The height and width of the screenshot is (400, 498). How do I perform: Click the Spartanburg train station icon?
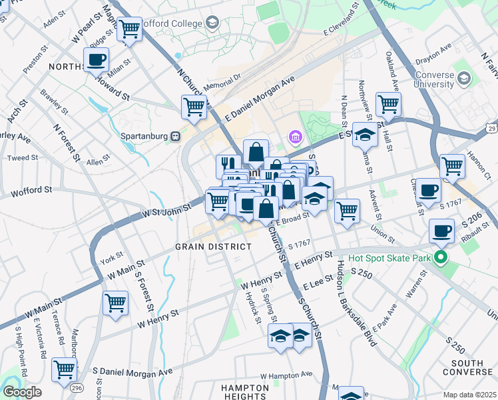coord(176,136)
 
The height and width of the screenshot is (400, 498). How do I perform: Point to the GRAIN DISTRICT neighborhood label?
coord(204,247)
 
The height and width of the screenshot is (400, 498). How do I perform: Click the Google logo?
coord(22,392)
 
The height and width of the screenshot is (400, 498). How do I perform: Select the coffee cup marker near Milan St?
coord(97,60)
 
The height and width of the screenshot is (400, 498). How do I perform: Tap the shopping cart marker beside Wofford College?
coord(129,29)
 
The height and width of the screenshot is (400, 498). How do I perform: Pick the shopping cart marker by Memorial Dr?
coord(194,107)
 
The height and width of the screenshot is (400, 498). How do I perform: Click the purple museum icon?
coord(296,137)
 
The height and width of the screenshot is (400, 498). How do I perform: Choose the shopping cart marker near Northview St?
coord(387,103)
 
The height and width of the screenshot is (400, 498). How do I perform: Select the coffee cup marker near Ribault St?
coord(439,232)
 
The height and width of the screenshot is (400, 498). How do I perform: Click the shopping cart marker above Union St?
coord(347,211)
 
